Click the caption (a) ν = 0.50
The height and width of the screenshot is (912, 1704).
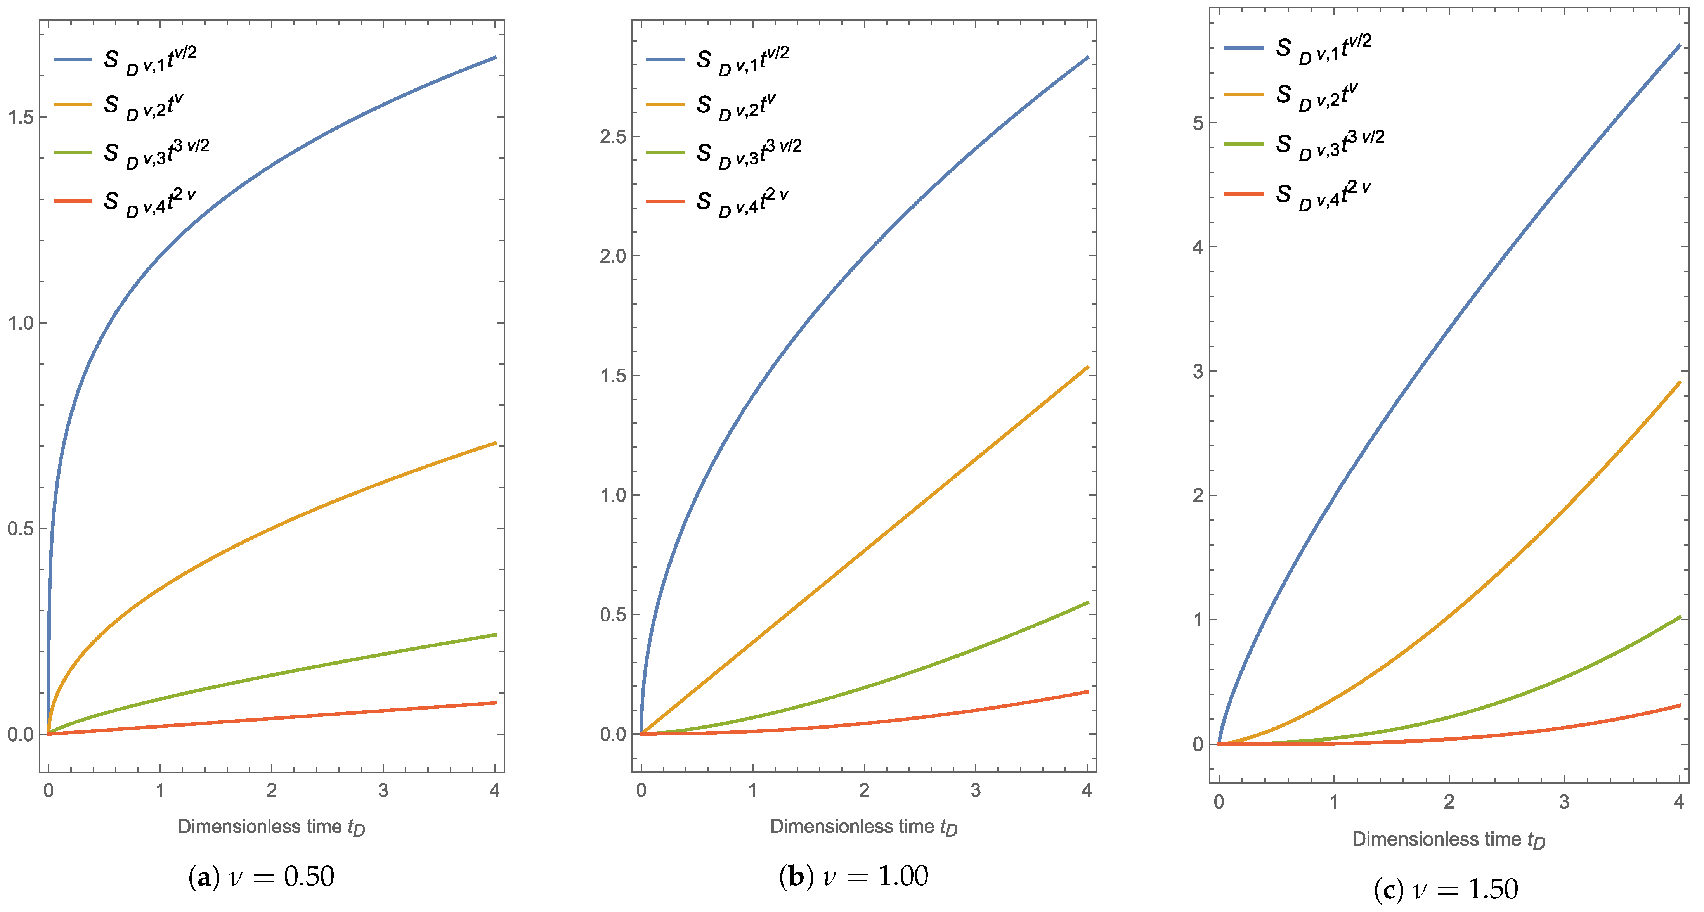click(261, 877)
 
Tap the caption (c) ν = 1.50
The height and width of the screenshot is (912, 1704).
click(1446, 890)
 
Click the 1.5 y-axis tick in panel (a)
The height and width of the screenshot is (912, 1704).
click(20, 118)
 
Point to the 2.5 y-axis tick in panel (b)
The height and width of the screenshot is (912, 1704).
click(612, 137)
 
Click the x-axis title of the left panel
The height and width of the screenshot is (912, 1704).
click(271, 827)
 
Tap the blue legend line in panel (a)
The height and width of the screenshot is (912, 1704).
click(73, 59)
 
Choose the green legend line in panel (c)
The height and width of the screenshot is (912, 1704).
click(1244, 144)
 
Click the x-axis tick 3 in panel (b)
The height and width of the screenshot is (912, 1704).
click(976, 790)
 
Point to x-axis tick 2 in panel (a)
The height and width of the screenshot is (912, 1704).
click(271, 790)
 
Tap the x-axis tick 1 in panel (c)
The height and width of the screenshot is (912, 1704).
click(1333, 802)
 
